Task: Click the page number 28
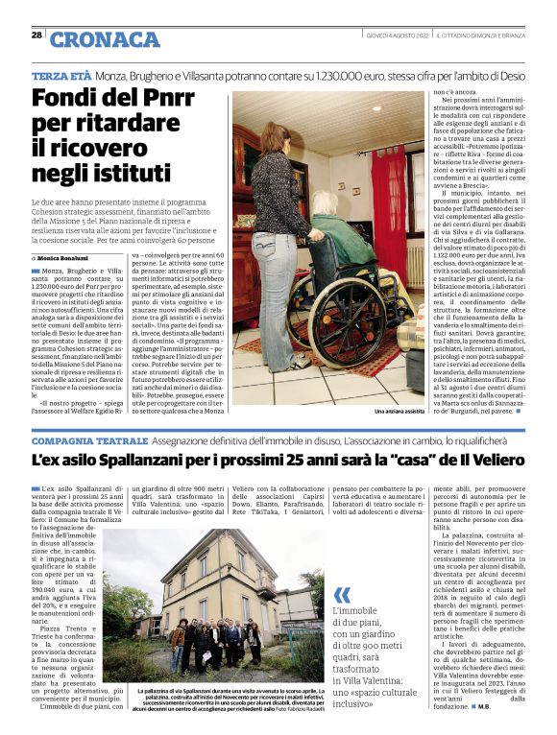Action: [36, 35]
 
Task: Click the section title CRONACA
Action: [105, 38]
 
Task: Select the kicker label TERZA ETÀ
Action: [61, 75]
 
